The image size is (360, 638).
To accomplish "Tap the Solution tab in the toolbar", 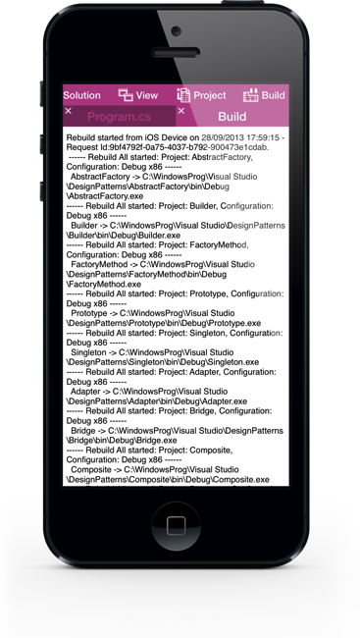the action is (x=82, y=95).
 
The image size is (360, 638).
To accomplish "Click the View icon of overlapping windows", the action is (x=126, y=95).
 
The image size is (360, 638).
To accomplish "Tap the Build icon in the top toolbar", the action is (x=249, y=95).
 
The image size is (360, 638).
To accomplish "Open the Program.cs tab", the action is (x=122, y=116).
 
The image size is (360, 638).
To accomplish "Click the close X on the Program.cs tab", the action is (x=68, y=111).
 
